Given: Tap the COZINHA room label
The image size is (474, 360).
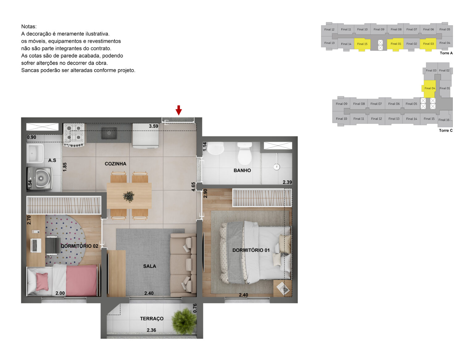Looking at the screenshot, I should pos(115,164).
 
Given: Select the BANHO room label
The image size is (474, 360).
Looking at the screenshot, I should pos(242,170).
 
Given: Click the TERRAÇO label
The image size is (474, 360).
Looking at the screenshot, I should pos(152,319).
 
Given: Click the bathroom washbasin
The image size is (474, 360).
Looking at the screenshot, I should pos(215,148).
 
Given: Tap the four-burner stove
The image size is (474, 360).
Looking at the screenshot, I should pos(74,135).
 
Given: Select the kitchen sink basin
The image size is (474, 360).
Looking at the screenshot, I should pos(109,133).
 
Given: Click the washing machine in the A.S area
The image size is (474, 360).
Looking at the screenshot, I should pos(40,178).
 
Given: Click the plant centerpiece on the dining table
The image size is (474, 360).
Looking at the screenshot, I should pos(129,196).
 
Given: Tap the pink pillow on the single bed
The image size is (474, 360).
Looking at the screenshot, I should pos(42,281).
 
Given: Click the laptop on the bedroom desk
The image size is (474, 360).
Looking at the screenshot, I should pos(36,245).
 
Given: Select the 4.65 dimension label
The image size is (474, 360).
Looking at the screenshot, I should pos(193,187).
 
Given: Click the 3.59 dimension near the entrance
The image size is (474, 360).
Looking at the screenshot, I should pos(153,126).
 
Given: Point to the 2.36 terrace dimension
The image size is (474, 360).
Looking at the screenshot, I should pos(151,330).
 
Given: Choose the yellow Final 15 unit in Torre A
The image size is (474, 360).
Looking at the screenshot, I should pos(362,44).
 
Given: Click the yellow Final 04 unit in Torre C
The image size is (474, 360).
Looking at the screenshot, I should pos(430,89).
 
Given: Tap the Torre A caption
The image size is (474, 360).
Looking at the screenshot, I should pos(446,53).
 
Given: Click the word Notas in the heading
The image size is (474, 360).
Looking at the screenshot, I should pos(29,27).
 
